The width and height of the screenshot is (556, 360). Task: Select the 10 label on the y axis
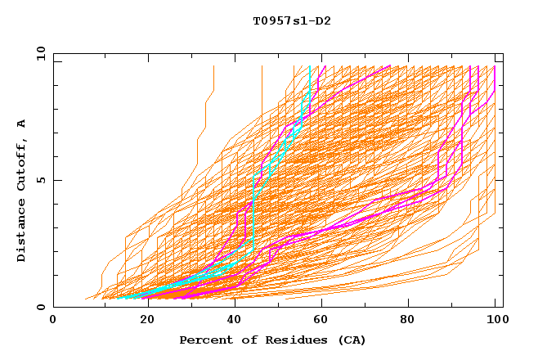point(38,52)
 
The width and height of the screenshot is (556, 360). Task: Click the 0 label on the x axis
point(54,322)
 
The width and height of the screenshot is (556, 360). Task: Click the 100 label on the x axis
point(496,322)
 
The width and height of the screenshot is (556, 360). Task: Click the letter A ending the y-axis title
point(22,123)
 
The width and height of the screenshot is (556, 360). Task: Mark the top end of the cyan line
point(310,67)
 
